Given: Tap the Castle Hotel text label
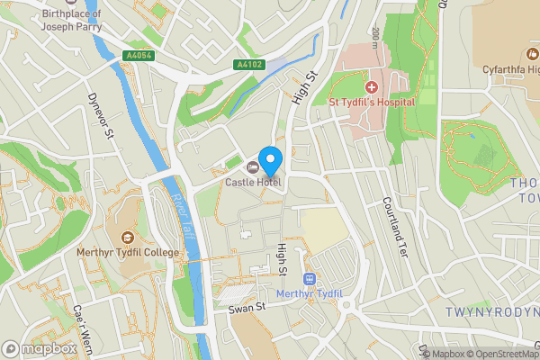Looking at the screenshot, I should pyautogui.click(x=253, y=183).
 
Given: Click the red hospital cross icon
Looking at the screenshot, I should pyautogui.click(x=371, y=87).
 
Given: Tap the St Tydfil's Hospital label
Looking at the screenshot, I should pyautogui.click(x=371, y=102).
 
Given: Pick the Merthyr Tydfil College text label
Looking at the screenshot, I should pyautogui.click(x=127, y=253).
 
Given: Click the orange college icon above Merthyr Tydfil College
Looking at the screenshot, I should pyautogui.click(x=127, y=238).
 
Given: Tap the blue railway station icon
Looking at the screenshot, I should pyautogui.click(x=310, y=280).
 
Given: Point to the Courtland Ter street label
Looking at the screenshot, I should pyautogui.click(x=394, y=228).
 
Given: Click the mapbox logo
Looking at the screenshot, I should pyautogui.click(x=39, y=347).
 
